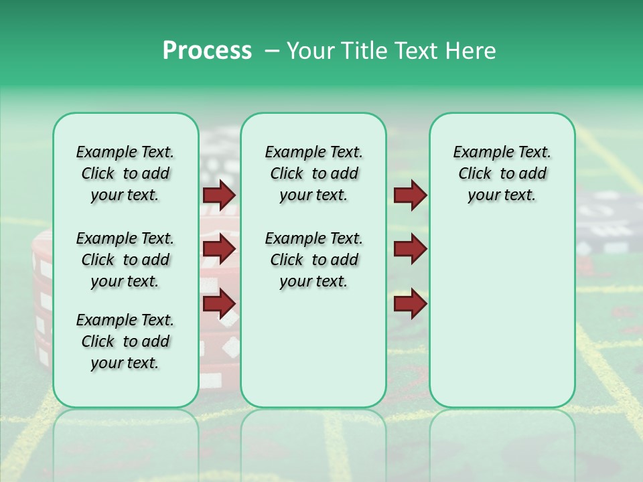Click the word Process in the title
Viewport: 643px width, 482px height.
coord(207,51)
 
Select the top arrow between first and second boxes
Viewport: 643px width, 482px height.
coord(219,195)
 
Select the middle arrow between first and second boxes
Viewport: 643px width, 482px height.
coord(219,249)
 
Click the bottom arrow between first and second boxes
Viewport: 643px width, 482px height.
coord(219,304)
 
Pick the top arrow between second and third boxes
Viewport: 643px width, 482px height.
coord(410,195)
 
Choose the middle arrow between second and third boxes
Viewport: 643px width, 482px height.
coord(410,249)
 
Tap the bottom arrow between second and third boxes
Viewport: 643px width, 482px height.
coord(410,304)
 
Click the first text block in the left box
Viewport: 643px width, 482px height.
coord(125,173)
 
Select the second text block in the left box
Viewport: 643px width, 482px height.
coord(125,260)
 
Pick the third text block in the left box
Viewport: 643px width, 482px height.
coord(125,341)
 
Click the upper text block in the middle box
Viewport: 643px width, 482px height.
coord(313,173)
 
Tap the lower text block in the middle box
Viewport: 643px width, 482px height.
coord(313,260)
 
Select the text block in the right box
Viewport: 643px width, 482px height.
coord(502,173)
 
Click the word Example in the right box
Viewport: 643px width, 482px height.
coord(478,152)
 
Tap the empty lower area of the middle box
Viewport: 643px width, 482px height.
coord(313,348)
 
